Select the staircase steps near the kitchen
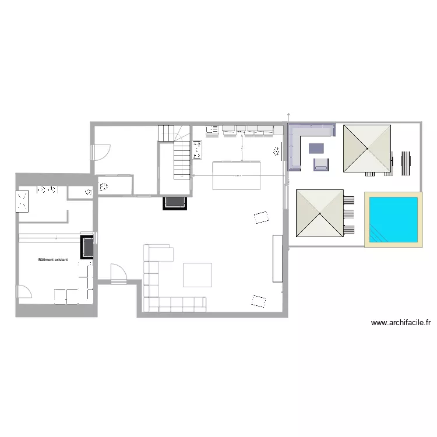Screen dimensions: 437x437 pos(182,158)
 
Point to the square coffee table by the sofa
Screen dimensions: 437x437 pos(198,275)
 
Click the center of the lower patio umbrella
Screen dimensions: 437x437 pos(320,213)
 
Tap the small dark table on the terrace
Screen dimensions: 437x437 pos(316,148)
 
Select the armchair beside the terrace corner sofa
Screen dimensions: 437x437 pos(321,164)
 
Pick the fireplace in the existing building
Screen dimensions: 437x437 pos(86,246)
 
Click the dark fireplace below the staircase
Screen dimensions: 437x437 pos(174,202)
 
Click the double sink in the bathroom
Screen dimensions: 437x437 pos(46,189)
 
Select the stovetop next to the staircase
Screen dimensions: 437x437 pos(197,150)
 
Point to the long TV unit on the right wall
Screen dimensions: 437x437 pos(277,258)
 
